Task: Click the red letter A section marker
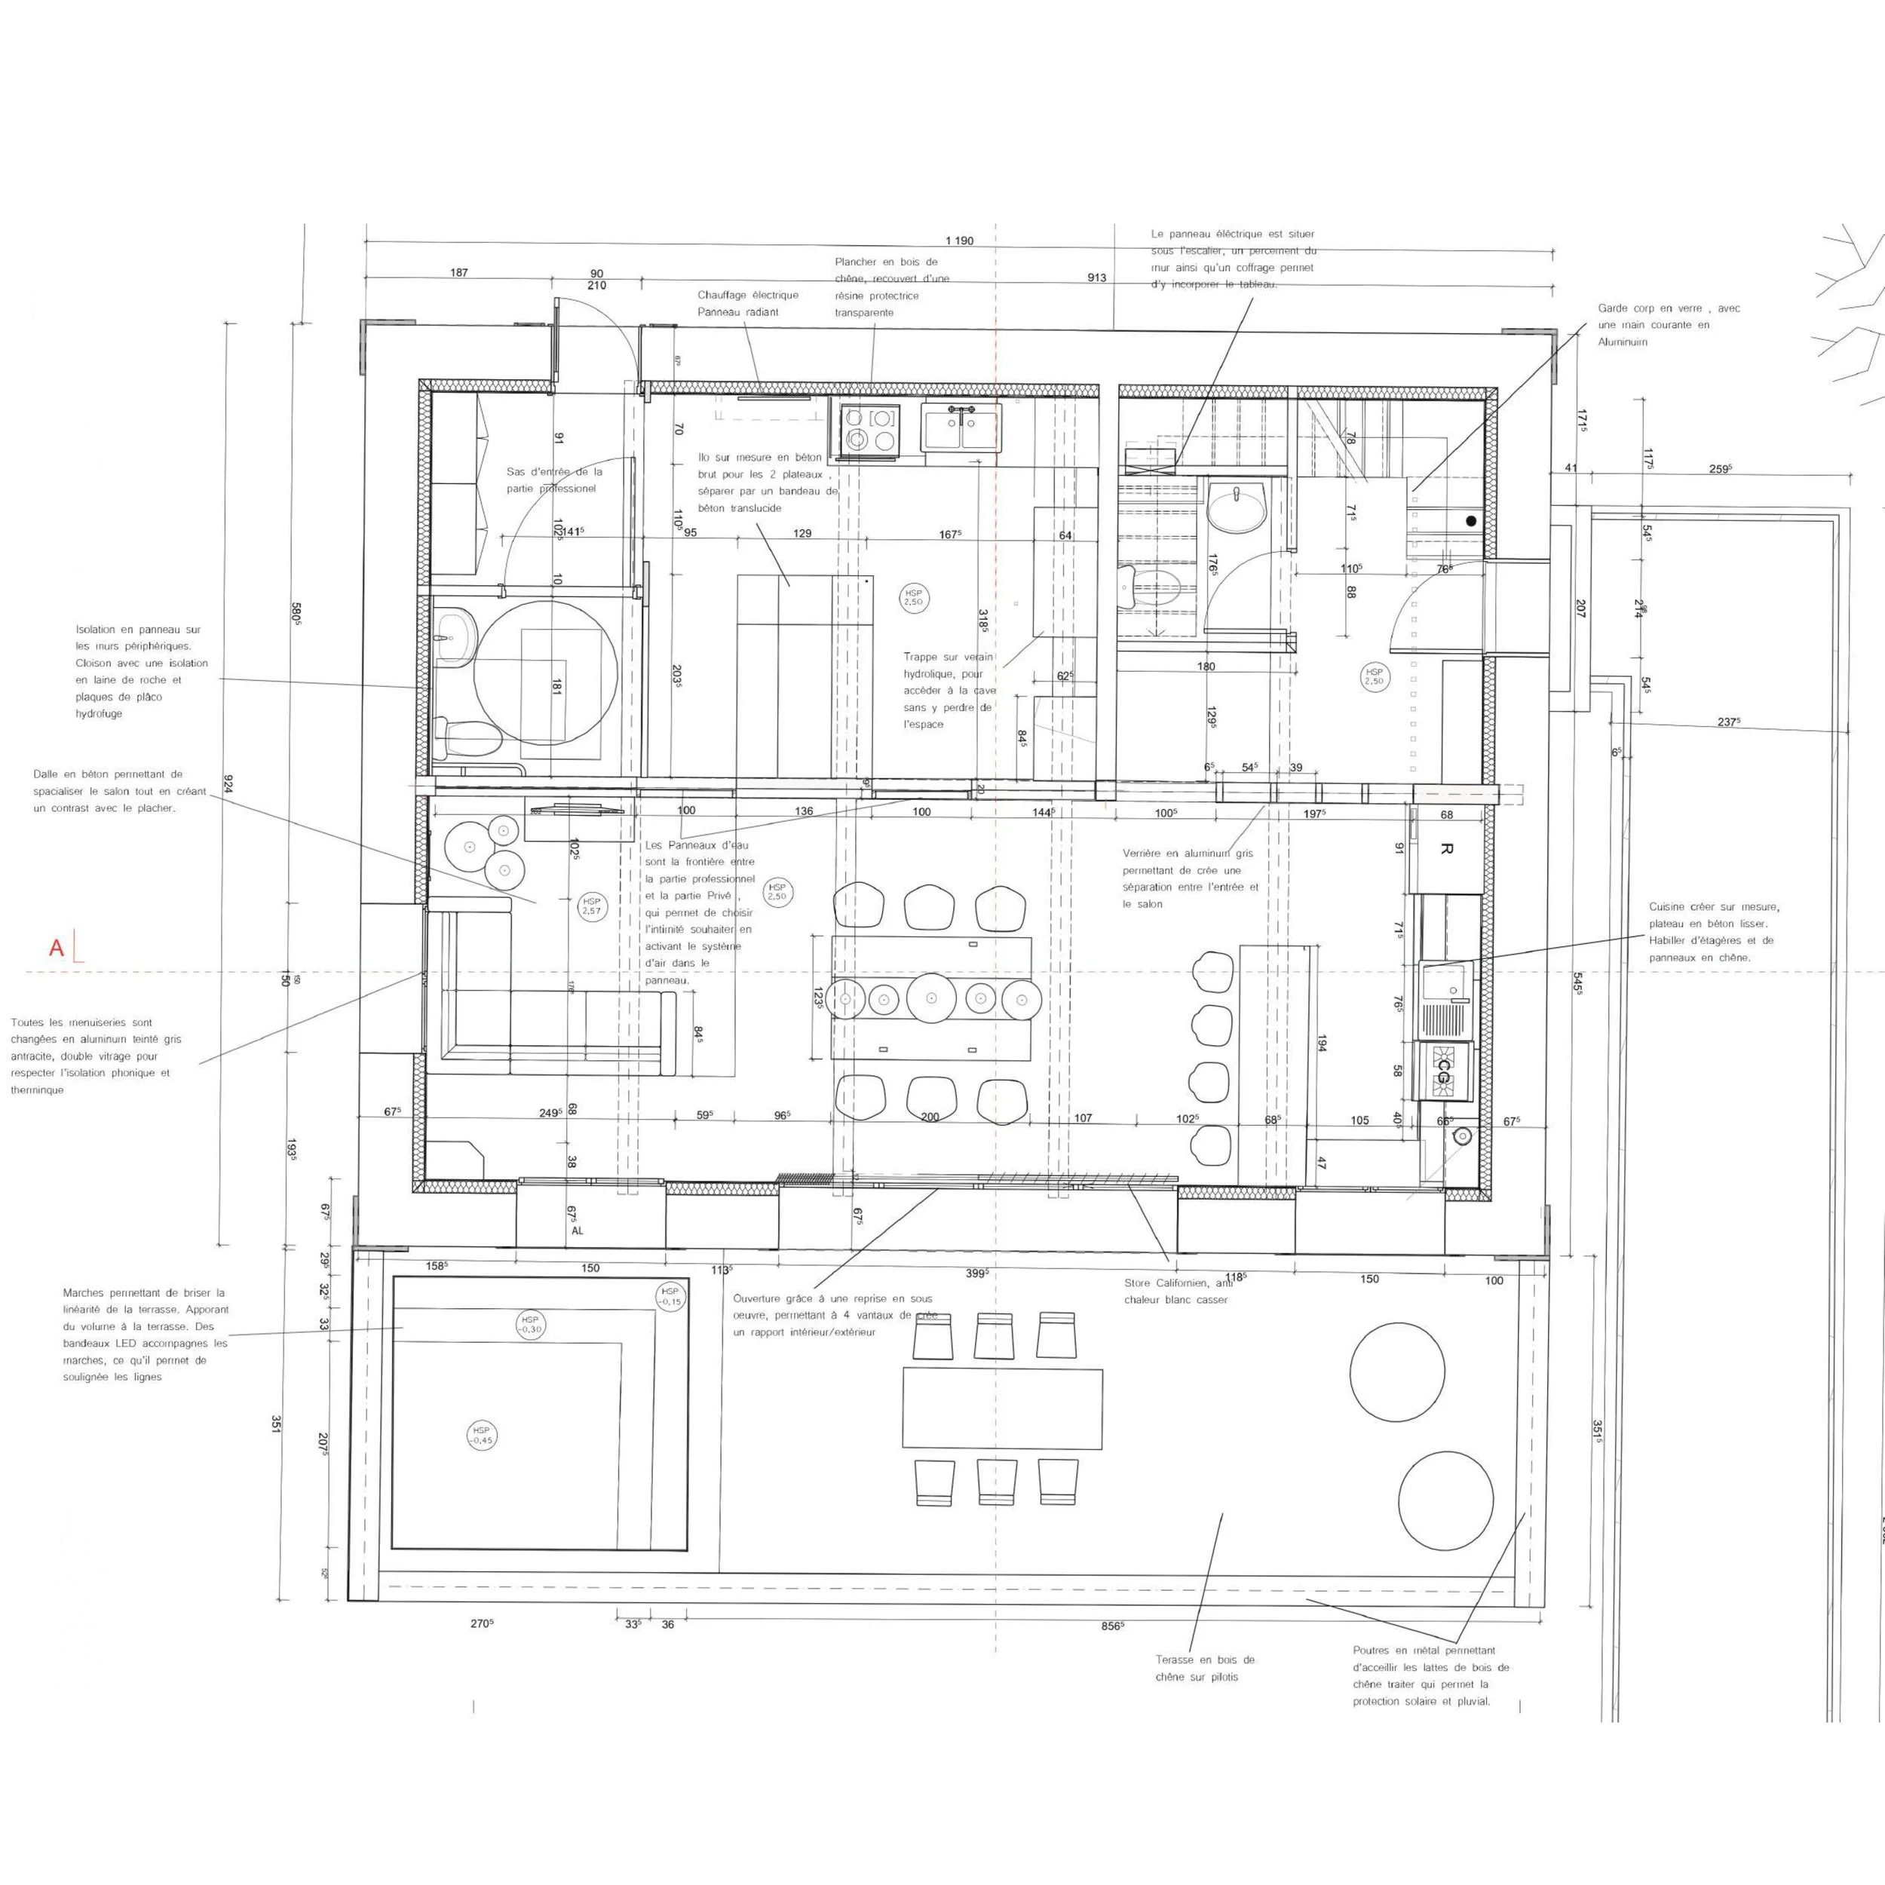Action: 57,947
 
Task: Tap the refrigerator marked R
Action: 1446,850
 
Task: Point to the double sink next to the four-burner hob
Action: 962,428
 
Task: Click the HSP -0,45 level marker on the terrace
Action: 481,1435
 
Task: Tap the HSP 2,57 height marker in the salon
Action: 591,906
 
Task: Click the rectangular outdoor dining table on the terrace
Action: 1002,1408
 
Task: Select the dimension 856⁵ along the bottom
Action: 1112,1626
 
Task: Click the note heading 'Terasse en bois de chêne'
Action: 1205,1660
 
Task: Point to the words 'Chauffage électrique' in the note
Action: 747,295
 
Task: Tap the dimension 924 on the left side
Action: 228,783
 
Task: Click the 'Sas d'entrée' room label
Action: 553,471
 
